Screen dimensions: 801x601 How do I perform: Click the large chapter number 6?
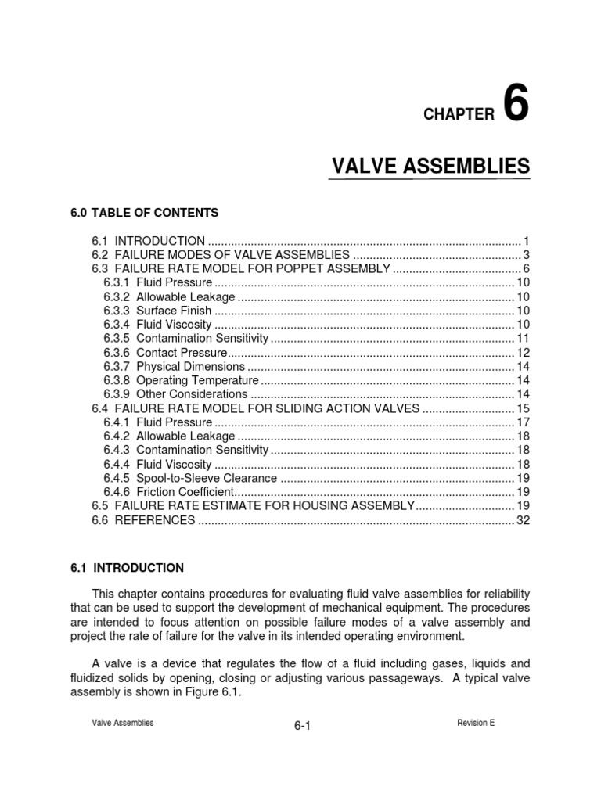pyautogui.click(x=516, y=105)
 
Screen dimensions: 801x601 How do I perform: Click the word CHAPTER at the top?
pyautogui.click(x=459, y=115)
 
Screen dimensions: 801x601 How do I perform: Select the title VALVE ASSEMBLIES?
pyautogui.click(x=431, y=166)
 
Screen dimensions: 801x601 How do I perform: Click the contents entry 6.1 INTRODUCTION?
pyautogui.click(x=149, y=241)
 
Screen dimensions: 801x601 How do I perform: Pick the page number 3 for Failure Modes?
pyautogui.click(x=527, y=255)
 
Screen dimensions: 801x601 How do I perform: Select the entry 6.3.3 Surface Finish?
pyautogui.click(x=157, y=311)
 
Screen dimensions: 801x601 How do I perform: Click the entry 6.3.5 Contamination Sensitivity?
pyautogui.click(x=185, y=339)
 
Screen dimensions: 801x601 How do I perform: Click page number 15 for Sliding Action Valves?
pyautogui.click(x=524, y=408)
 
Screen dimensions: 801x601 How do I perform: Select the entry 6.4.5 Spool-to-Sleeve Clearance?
pyautogui.click(x=189, y=478)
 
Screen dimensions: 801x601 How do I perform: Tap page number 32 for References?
pyautogui.click(x=524, y=520)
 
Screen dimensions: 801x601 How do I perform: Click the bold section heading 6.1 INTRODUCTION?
pyautogui.click(x=127, y=568)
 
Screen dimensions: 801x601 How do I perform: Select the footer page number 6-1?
pyautogui.click(x=303, y=727)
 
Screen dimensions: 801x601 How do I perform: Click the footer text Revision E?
pyautogui.click(x=476, y=724)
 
